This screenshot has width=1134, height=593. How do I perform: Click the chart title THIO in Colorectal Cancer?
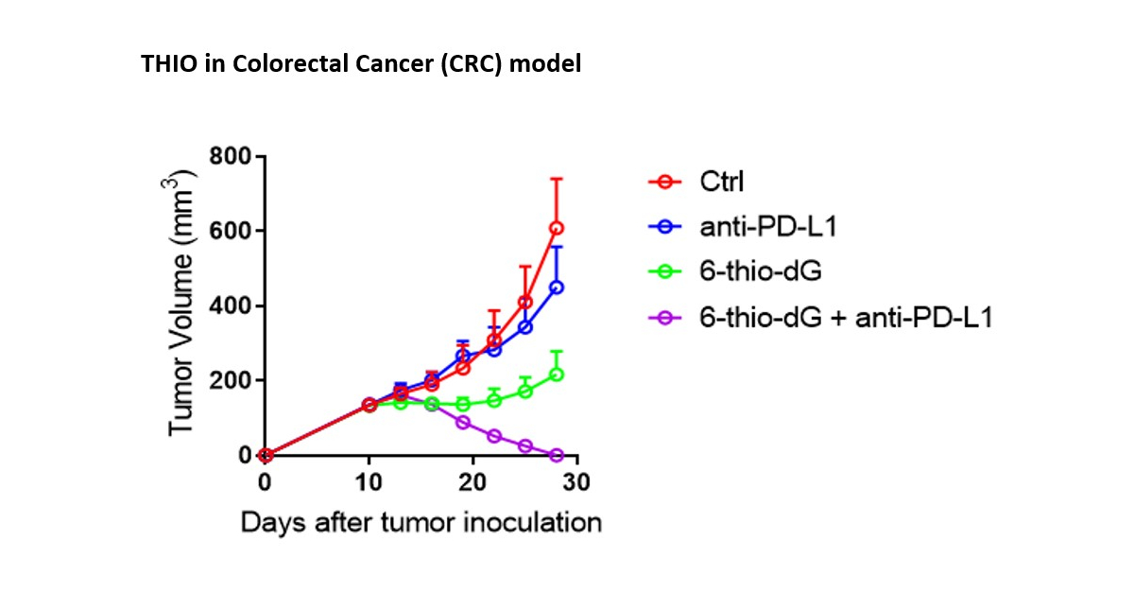pyautogui.click(x=361, y=64)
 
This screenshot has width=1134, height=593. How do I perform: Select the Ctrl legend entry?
pyautogui.click(x=721, y=181)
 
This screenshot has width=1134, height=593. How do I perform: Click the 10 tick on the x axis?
pyautogui.click(x=369, y=482)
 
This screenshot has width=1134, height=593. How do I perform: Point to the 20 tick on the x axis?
pyautogui.click(x=472, y=482)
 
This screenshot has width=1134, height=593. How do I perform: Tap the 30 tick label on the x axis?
pyautogui.click(x=576, y=482)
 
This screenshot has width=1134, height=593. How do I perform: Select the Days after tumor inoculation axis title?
pyautogui.click(x=421, y=522)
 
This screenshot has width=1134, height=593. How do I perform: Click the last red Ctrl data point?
pyautogui.click(x=557, y=228)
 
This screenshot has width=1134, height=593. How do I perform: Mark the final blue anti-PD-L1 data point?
pyautogui.click(x=557, y=288)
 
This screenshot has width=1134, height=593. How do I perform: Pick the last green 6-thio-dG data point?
pyautogui.click(x=557, y=375)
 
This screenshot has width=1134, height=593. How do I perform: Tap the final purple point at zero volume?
pyautogui.click(x=557, y=455)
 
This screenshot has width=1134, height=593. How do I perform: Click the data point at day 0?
pyautogui.click(x=266, y=455)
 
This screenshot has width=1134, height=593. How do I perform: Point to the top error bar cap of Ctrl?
pyautogui.click(x=557, y=178)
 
